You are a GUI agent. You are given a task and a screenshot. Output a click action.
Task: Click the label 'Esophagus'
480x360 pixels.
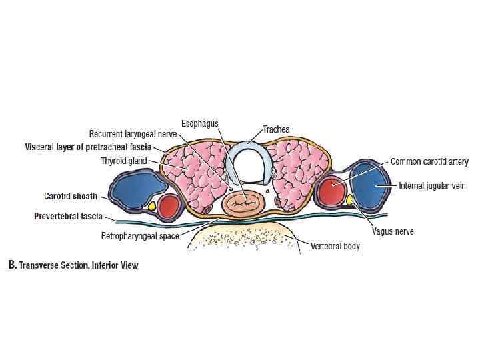[x=199, y=124]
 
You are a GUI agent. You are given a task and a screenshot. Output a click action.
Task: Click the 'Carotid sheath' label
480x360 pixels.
[x=70, y=196]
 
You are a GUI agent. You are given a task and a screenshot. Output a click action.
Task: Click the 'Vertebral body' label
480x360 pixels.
[x=335, y=246]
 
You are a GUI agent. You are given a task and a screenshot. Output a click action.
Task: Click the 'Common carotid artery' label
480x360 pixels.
[x=429, y=162]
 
